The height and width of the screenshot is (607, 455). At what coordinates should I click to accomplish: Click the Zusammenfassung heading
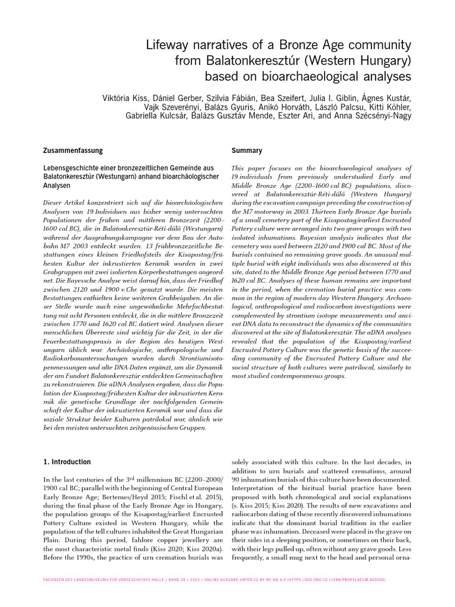[x=73, y=151]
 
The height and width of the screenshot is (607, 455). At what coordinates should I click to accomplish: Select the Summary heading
[x=246, y=151]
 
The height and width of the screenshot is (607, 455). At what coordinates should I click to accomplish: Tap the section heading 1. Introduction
[x=68, y=462]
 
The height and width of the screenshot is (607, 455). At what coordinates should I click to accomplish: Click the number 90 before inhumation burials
[x=236, y=478]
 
